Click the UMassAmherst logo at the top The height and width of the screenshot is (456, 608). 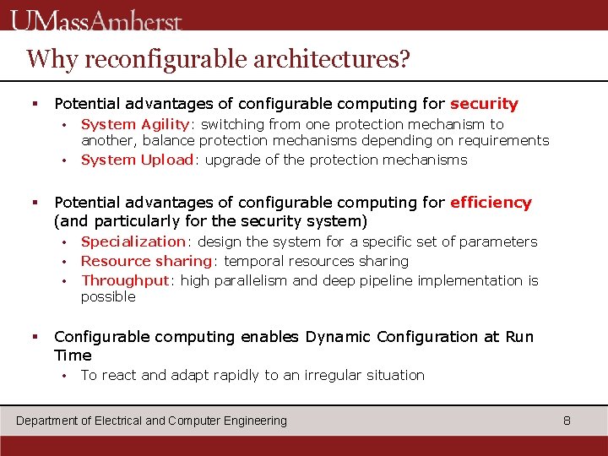pyautogui.click(x=97, y=19)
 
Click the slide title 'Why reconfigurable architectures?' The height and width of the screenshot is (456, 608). pyautogui.click(x=218, y=59)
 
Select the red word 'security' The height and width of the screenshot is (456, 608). pyautogui.click(x=484, y=104)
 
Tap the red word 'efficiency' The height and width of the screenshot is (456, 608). pyautogui.click(x=491, y=203)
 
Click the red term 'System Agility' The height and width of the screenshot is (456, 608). pyautogui.click(x=135, y=124)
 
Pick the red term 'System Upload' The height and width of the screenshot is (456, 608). pyautogui.click(x=137, y=160)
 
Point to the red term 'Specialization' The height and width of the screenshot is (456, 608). pyautogui.click(x=133, y=242)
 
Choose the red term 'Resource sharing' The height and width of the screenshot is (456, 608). pyautogui.click(x=145, y=261)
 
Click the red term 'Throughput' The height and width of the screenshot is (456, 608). pyautogui.click(x=125, y=280)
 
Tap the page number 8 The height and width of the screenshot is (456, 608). pyautogui.click(x=567, y=421)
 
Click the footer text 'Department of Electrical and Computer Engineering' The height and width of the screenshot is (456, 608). pyautogui.click(x=152, y=421)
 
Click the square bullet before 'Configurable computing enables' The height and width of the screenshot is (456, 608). pyautogui.click(x=35, y=337)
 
